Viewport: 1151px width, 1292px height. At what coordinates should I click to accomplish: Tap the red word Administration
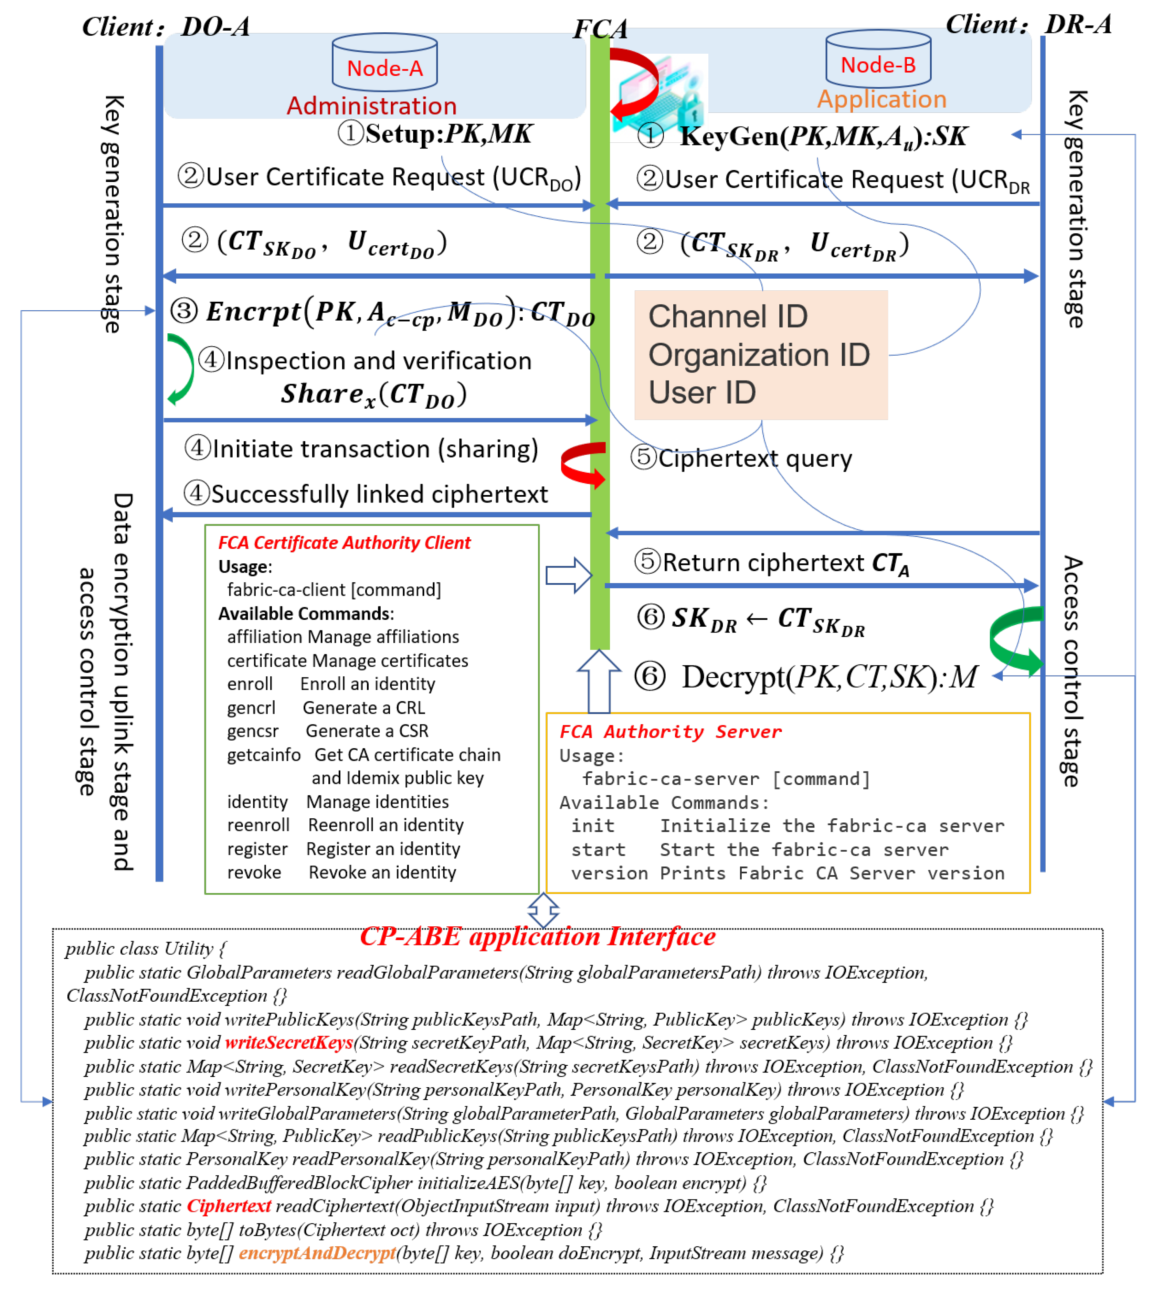click(371, 106)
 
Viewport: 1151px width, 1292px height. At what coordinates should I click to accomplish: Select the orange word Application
click(881, 99)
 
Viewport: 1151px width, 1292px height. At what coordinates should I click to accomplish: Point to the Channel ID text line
click(728, 316)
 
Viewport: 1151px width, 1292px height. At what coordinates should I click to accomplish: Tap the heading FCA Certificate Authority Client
click(344, 542)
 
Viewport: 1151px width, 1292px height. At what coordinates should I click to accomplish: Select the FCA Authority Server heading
click(670, 731)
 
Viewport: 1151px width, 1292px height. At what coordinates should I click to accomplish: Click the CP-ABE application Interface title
click(538, 936)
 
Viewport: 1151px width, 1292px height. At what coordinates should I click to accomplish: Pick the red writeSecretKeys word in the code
click(288, 1042)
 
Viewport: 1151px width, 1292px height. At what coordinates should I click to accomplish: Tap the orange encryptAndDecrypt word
click(317, 1253)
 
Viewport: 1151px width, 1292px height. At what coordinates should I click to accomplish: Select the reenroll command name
click(258, 825)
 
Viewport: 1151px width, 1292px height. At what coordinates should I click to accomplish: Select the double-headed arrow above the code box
click(543, 910)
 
